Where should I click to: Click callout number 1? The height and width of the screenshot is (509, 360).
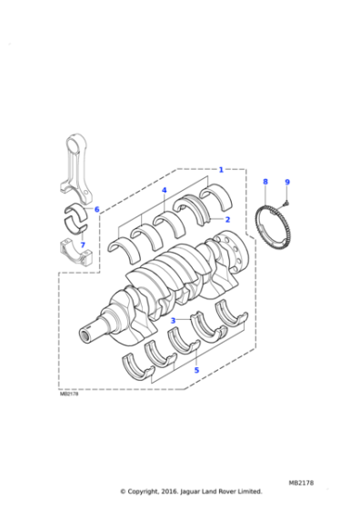(221, 169)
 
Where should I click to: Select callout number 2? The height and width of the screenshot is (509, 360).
(226, 219)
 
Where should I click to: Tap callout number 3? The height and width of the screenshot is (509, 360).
(173, 320)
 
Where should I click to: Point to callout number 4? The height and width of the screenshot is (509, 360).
(165, 191)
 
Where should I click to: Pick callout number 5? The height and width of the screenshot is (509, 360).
(196, 369)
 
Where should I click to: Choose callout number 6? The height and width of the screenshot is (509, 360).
(96, 210)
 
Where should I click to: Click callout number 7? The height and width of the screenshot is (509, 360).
(83, 244)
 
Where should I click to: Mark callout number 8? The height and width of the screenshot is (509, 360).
(265, 182)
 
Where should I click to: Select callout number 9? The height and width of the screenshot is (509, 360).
(286, 182)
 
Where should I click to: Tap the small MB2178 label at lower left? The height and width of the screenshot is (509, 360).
(70, 394)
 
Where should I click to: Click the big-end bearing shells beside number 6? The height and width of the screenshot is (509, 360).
(76, 216)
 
